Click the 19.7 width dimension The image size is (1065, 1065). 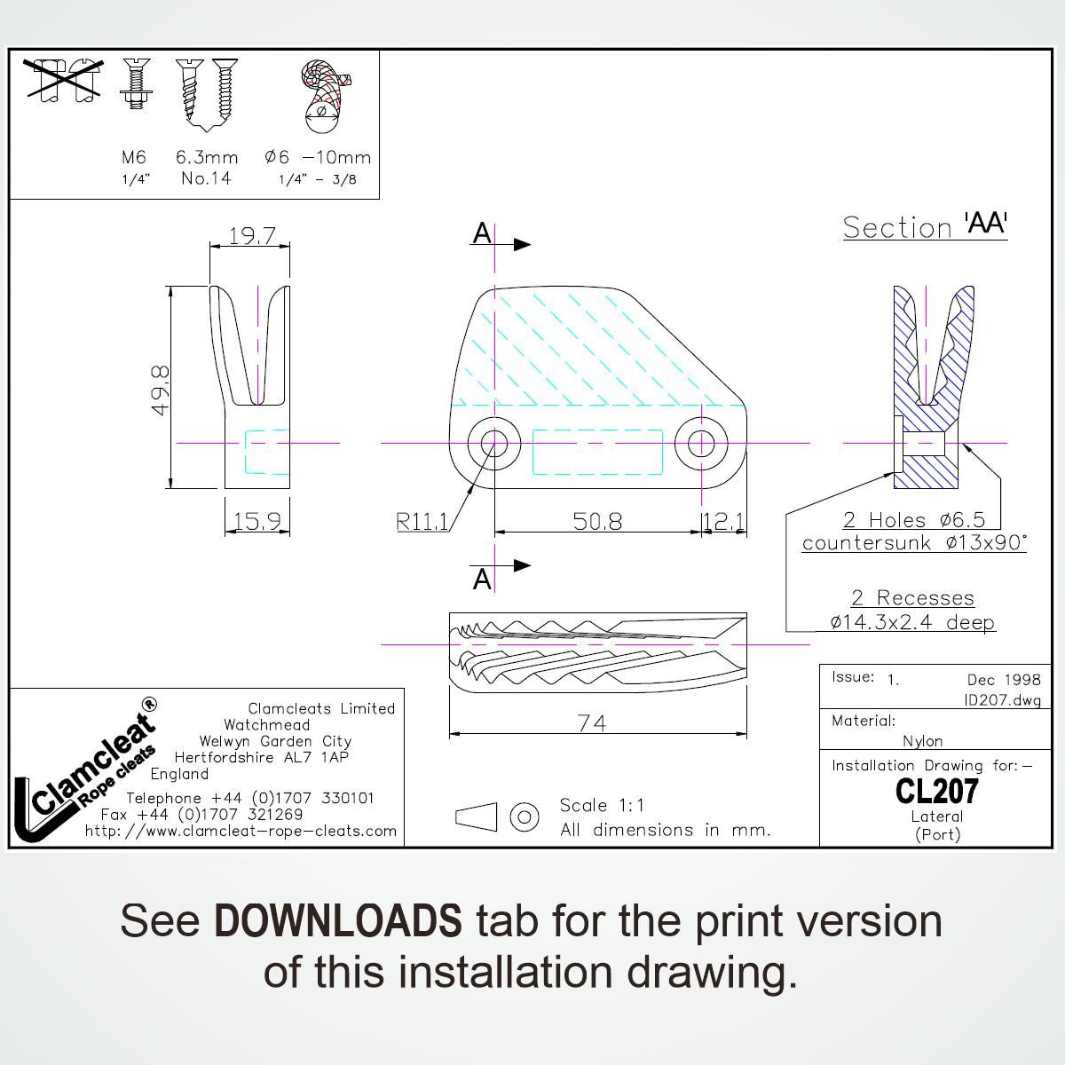point(252,236)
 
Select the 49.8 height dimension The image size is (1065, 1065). point(160,390)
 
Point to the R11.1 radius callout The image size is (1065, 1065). point(422,522)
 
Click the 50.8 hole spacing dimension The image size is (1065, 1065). point(597,521)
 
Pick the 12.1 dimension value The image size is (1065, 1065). point(724,521)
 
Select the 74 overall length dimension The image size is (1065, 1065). point(591,724)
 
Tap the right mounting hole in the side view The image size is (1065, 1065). point(701,442)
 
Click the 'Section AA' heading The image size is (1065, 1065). point(925,226)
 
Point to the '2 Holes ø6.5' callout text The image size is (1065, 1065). point(914,520)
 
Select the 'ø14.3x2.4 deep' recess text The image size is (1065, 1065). point(912,622)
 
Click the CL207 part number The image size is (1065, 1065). point(936,791)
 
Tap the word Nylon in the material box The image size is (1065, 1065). point(923,741)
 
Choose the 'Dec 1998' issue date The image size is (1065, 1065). point(1004,680)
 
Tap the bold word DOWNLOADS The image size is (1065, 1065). point(338,921)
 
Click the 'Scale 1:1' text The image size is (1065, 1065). point(602,806)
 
